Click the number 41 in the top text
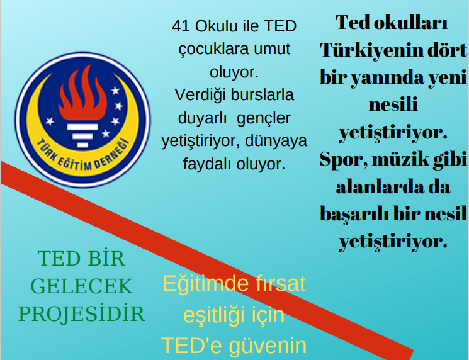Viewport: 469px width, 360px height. (181, 26)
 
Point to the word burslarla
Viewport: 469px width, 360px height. (263, 95)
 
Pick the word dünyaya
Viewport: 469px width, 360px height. (276, 142)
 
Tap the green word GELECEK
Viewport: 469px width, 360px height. (82, 286)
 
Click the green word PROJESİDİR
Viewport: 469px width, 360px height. (82, 313)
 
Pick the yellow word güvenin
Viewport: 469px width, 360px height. (268, 346)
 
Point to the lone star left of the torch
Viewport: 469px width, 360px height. (50, 121)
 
